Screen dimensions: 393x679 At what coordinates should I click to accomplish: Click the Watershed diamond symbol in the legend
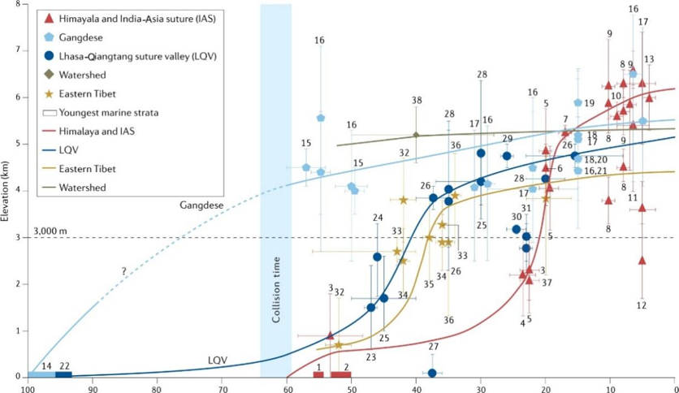pos(50,76)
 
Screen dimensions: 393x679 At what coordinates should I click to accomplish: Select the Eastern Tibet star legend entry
pos(50,94)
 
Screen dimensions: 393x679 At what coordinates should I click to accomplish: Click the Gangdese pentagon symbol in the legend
pos(50,37)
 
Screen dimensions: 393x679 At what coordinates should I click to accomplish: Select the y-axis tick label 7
pos(19,50)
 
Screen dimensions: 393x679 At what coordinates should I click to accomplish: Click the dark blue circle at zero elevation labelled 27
pos(432,373)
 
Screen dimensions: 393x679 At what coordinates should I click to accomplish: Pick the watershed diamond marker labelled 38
pos(417,135)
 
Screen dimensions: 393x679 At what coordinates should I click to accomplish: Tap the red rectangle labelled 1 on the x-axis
pos(318,374)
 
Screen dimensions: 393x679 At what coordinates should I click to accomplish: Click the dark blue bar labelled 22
pos(63,374)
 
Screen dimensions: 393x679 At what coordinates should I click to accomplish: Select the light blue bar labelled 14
pos(41,374)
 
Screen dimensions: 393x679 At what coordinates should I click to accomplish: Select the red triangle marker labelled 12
pos(642,261)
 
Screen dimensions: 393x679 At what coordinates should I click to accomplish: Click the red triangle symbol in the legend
pos(50,19)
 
